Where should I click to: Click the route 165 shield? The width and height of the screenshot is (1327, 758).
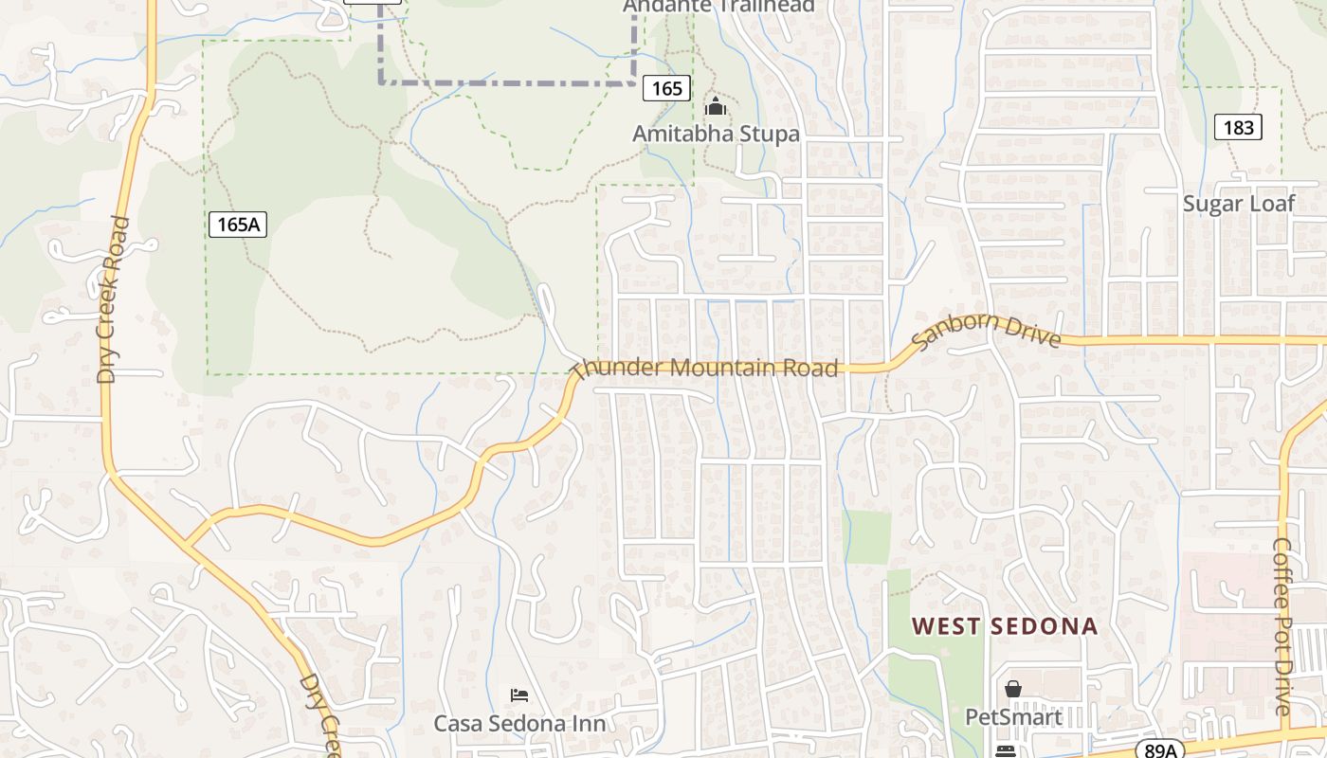[666, 88]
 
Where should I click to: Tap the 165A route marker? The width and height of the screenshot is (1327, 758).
[238, 225]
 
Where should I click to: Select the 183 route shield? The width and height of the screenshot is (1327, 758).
[1238, 128]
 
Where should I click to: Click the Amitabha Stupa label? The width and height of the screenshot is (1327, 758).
[717, 134]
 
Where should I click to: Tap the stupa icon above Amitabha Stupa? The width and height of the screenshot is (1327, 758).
[716, 105]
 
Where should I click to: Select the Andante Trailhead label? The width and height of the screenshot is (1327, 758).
[718, 6]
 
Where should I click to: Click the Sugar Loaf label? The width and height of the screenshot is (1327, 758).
[1238, 204]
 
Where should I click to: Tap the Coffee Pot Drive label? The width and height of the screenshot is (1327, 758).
[1283, 627]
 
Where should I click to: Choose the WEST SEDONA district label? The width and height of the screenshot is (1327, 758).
[1005, 626]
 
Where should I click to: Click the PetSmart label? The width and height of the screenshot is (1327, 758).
[1013, 716]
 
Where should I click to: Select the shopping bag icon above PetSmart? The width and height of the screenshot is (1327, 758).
[1013, 689]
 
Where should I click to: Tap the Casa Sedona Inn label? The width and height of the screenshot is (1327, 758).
[519, 723]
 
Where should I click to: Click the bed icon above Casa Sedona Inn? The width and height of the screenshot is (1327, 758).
[519, 695]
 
